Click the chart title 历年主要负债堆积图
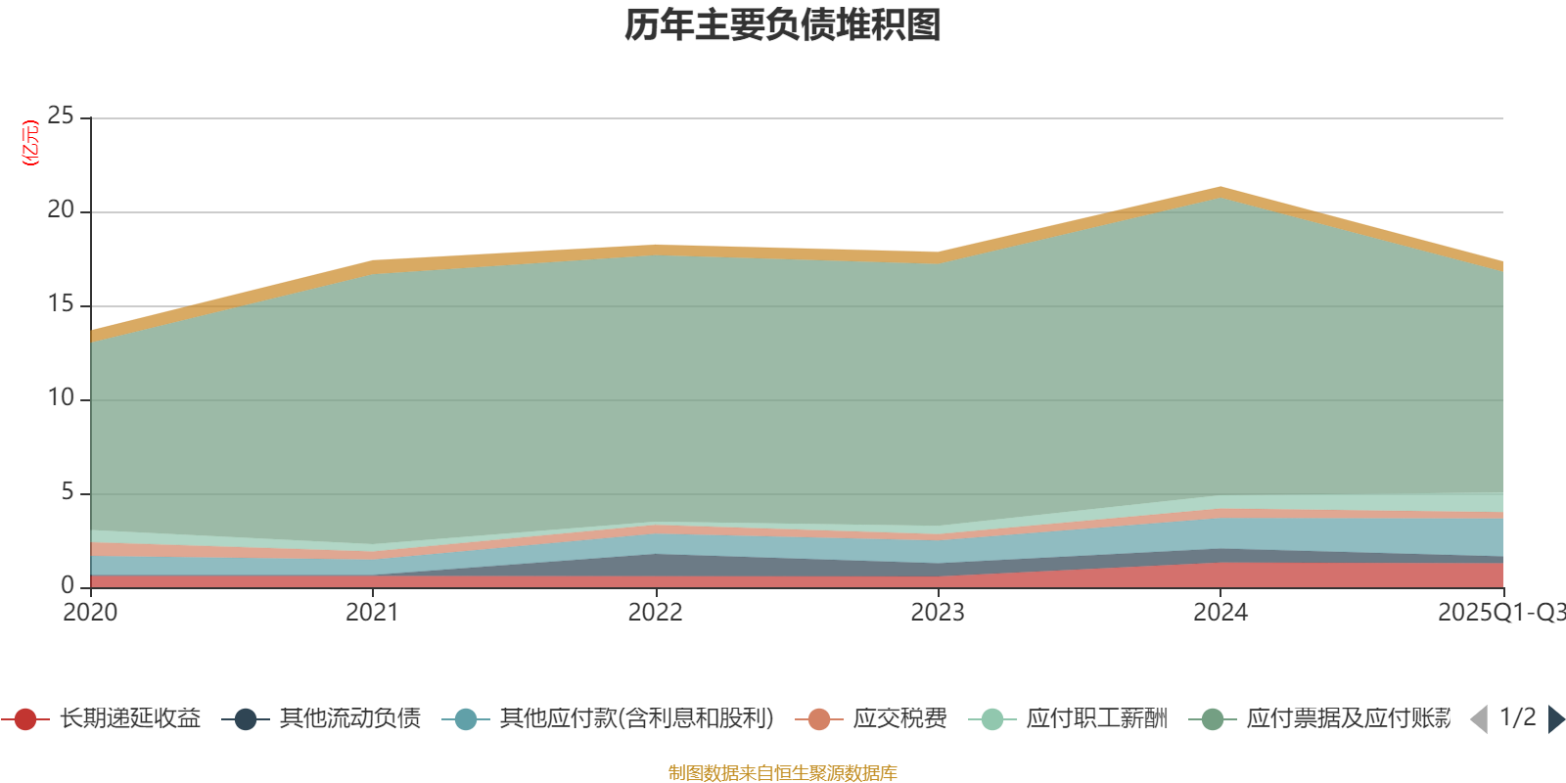point(783,25)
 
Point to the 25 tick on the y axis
point(61,116)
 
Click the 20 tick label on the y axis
point(61,210)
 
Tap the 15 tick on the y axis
point(61,304)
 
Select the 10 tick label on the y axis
point(61,398)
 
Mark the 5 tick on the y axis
point(67,492)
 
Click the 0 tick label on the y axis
point(67,585)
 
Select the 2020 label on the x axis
point(90,613)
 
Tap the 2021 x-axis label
point(372,613)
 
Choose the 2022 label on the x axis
point(655,613)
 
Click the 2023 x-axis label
point(938,613)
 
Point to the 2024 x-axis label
point(1220,613)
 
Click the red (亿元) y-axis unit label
point(30,143)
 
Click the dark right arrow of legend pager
point(1555,719)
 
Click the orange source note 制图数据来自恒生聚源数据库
point(783,773)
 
